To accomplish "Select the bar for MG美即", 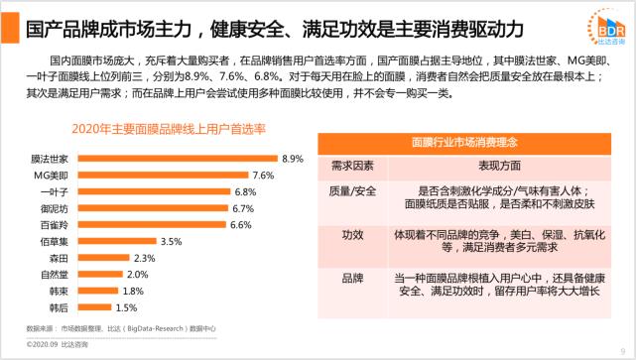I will coord(163,175).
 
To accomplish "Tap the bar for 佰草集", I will coord(115,241).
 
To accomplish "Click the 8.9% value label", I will coord(292,159).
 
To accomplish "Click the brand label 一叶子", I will coord(54,191).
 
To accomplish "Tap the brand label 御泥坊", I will coord(54,208).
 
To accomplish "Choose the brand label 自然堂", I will coord(54,275).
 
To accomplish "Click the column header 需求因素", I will coord(351,165).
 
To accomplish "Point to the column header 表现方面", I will coord(483,165).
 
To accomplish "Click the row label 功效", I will coord(351,236).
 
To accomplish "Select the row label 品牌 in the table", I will coord(351,279).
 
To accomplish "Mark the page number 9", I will coord(619,348).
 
